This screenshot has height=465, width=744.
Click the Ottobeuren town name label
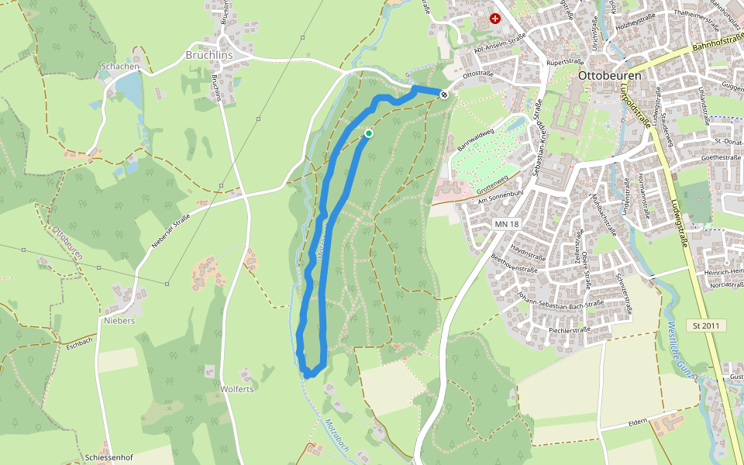coord(610,76)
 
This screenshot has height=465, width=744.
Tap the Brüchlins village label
coord(209,56)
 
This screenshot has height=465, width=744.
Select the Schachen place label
coord(120,67)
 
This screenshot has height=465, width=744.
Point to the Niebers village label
coord(120,320)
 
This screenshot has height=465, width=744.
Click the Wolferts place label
coord(237,389)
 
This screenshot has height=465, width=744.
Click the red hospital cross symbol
coord(495,18)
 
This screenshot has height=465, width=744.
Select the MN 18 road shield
coord(507,224)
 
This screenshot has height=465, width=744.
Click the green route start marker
coord(369,133)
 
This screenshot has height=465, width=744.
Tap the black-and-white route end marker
coord(444,95)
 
